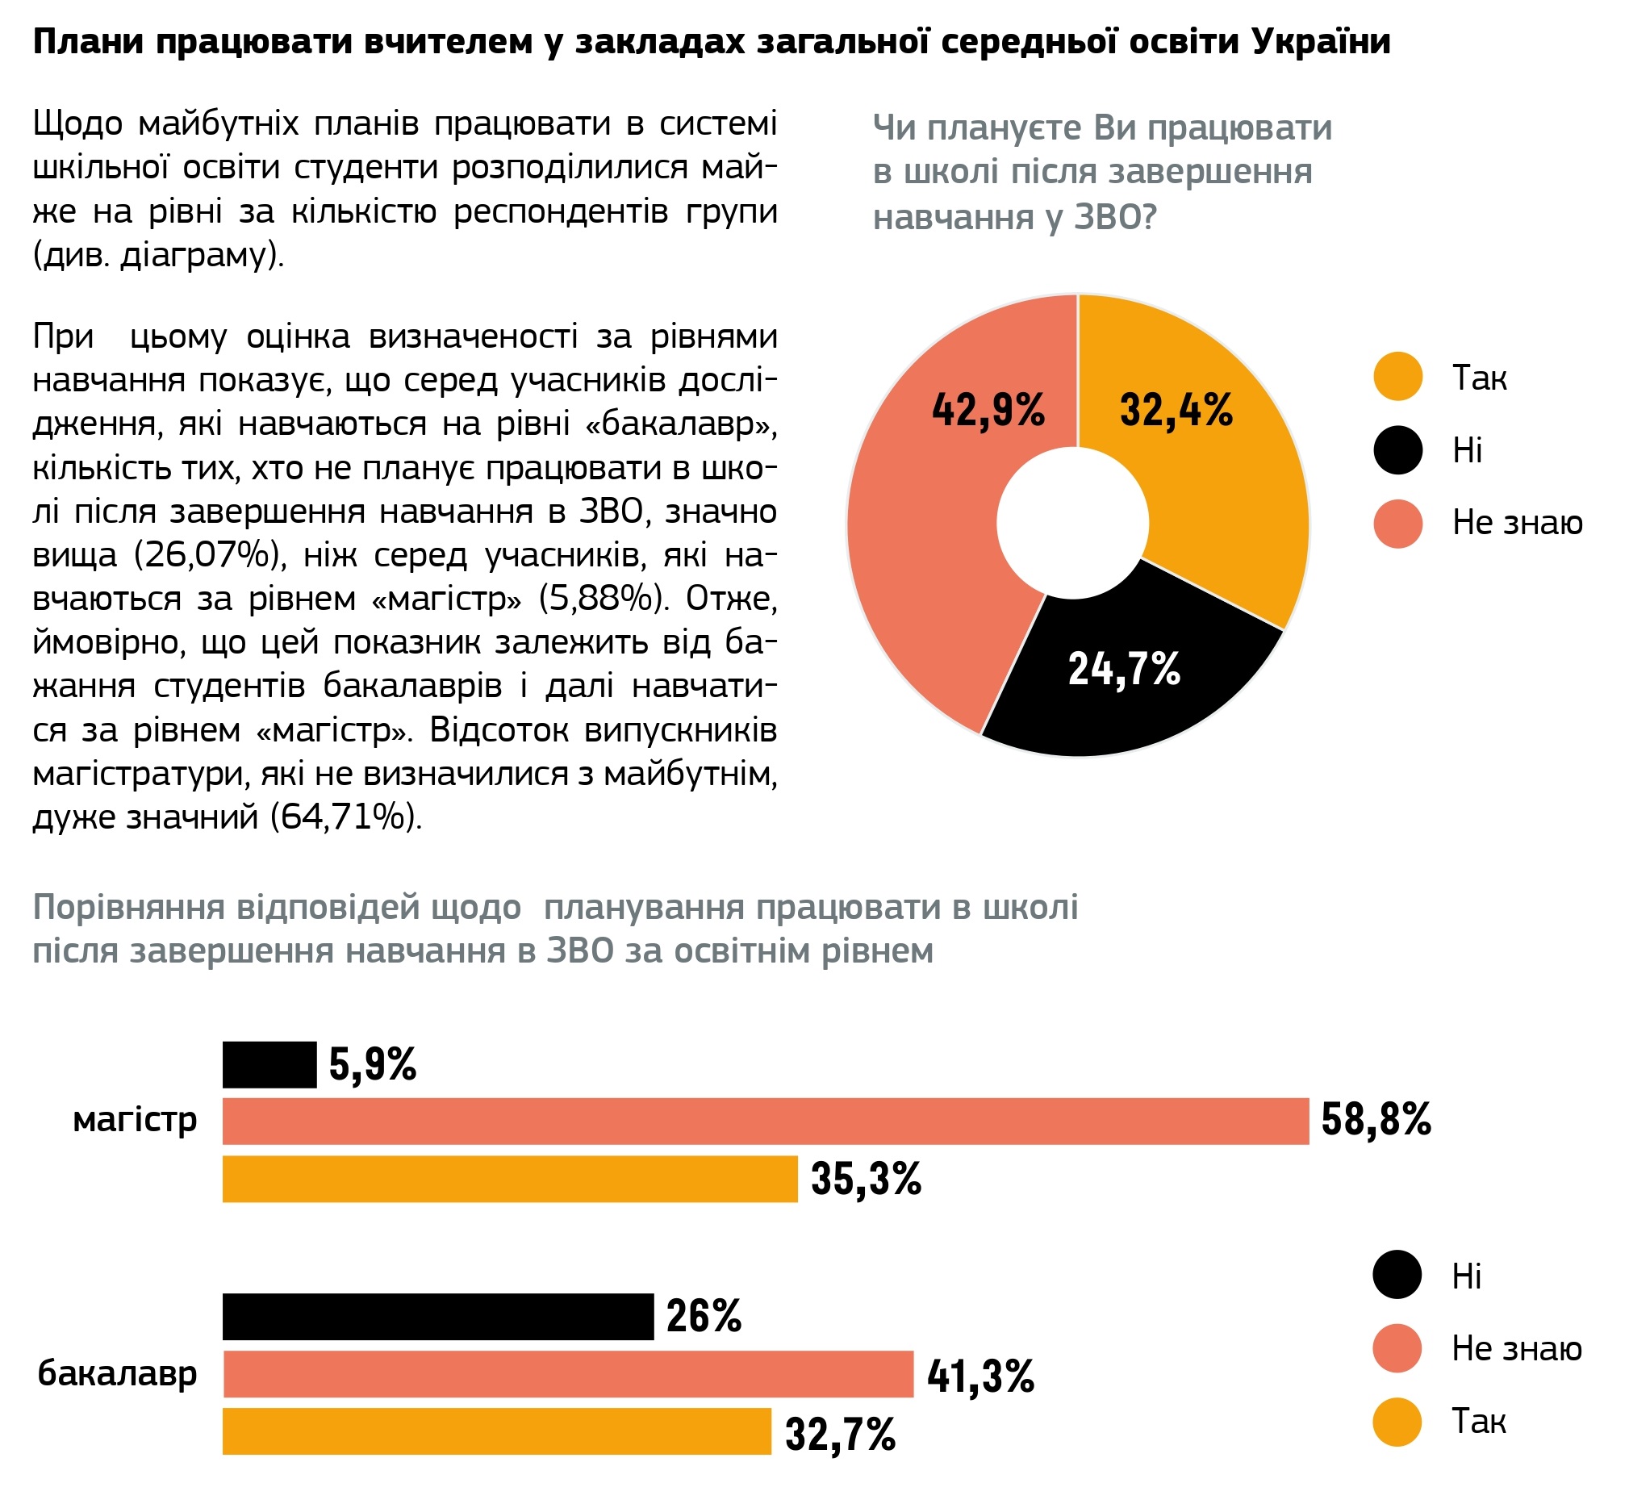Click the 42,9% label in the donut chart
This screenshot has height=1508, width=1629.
(988, 410)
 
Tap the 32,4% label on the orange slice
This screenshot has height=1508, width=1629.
(1176, 410)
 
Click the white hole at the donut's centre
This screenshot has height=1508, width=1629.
(1072, 522)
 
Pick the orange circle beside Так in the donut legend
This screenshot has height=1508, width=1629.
(1397, 376)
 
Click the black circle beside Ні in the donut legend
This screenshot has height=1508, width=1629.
(1397, 449)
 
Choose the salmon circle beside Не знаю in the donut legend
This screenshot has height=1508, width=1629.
(1397, 523)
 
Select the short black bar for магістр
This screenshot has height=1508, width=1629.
(269, 1064)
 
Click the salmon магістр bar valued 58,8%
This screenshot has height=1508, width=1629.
(765, 1121)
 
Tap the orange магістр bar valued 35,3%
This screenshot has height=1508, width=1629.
(509, 1178)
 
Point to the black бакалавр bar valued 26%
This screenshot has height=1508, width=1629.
(437, 1315)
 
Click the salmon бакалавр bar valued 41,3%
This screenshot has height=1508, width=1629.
(567, 1373)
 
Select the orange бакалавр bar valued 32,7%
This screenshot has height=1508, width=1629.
(496, 1431)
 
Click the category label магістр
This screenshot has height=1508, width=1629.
(135, 1119)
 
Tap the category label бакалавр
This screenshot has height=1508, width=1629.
(118, 1372)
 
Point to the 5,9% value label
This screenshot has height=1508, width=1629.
(372, 1064)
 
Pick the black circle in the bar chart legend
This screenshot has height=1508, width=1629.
(1397, 1274)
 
